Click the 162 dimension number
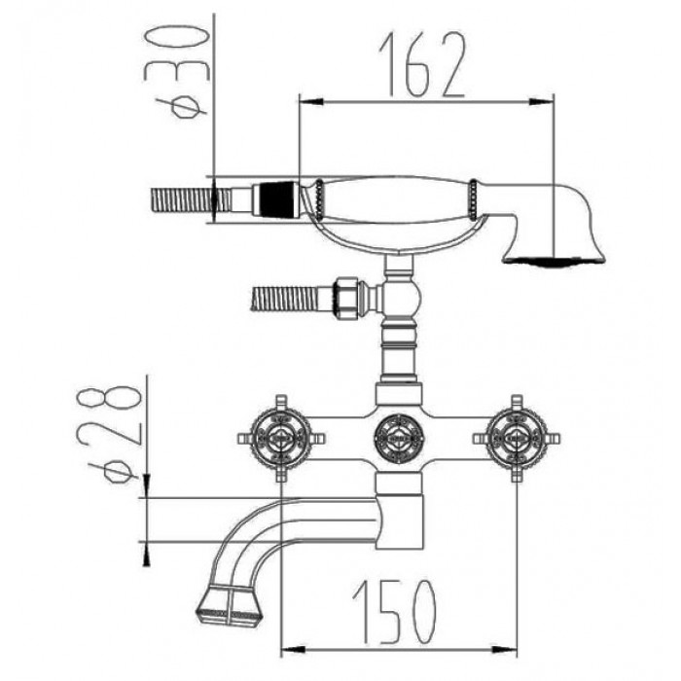click(x=423, y=65)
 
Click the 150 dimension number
click(x=394, y=613)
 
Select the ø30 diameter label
click(x=176, y=71)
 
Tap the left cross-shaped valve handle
click(x=281, y=438)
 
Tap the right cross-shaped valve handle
click(x=517, y=438)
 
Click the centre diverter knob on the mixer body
click(x=399, y=438)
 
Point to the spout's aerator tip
click(x=229, y=605)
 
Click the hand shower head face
click(x=554, y=260)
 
